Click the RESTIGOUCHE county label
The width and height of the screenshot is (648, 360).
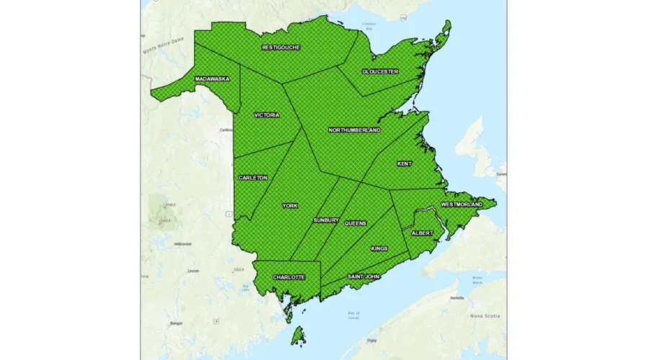[281, 48]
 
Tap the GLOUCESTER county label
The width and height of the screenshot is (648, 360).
[379, 72]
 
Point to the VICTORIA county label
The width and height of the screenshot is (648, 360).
[266, 114]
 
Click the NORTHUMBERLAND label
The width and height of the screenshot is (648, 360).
[354, 130]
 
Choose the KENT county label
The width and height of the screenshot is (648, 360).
[405, 163]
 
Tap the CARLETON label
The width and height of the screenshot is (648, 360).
[253, 177]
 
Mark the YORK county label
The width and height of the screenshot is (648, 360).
[290, 206]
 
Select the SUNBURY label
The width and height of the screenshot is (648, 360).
[325, 220]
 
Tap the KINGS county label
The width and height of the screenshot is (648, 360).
[379, 248]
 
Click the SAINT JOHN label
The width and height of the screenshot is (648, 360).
[364, 276]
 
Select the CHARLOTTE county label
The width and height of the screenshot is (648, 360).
[288, 277]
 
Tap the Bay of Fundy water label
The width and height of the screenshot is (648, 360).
[353, 314]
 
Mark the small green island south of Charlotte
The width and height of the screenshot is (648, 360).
[297, 335]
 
